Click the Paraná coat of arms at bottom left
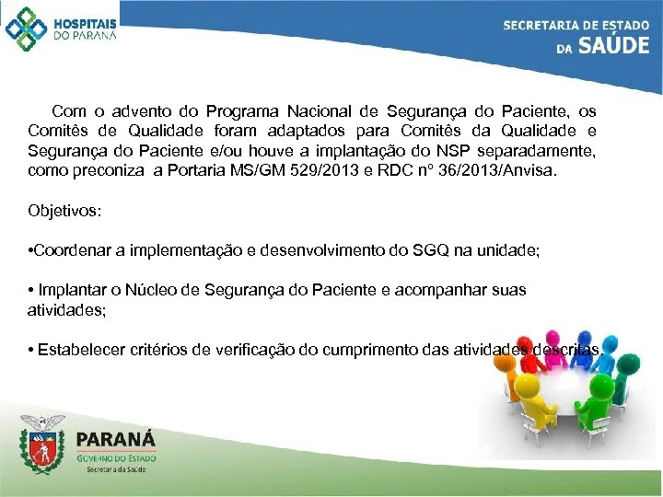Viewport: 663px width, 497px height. (43, 446)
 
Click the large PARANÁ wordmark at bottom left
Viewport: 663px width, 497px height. (116, 439)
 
